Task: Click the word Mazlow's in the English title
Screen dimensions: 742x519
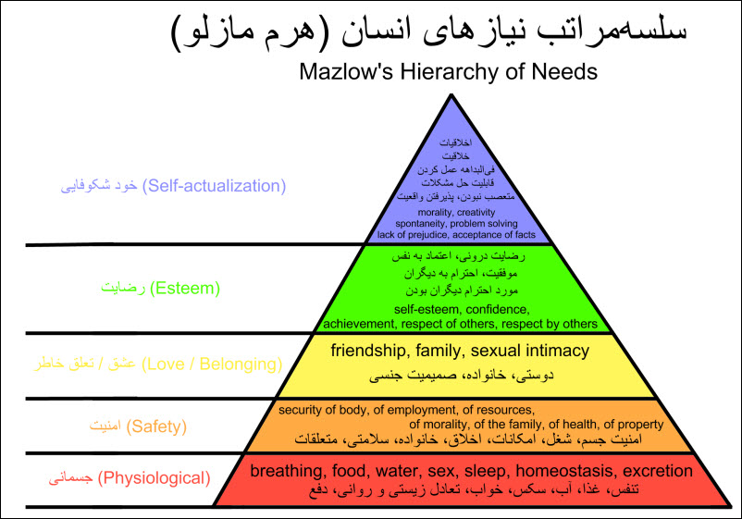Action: pyautogui.click(x=346, y=72)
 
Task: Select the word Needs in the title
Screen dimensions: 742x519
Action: pyautogui.click(x=564, y=72)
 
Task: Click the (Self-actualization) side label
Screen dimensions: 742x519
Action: pyautogui.click(x=214, y=186)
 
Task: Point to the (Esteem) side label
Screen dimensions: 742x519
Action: pyautogui.click(x=185, y=288)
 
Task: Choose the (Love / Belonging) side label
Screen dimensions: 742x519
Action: pyautogui.click(x=212, y=365)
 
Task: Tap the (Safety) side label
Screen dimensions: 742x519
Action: pyautogui.click(x=156, y=426)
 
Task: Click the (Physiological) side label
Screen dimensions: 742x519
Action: pyautogui.click(x=155, y=478)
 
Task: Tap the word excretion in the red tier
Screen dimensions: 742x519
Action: pyautogui.click(x=658, y=471)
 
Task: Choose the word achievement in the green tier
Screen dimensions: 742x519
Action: pyautogui.click(x=358, y=324)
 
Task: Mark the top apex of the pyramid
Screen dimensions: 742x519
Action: pyautogui.click(x=451, y=94)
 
